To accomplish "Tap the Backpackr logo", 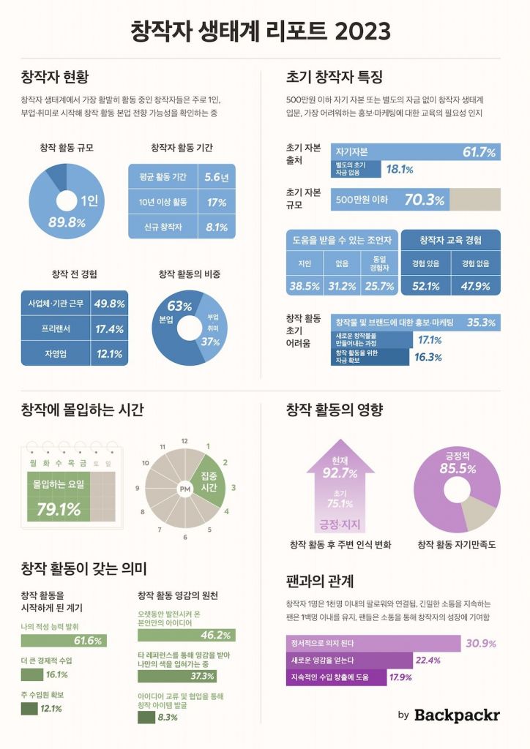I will click(x=457, y=715).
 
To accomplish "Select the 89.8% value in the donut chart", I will click(x=67, y=222).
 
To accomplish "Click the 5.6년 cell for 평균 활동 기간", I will click(x=217, y=177).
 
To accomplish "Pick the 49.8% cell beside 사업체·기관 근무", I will click(x=110, y=304).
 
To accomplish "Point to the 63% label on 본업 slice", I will click(x=179, y=306).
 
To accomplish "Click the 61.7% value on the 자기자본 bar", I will click(x=479, y=152).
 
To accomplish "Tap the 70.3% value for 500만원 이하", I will click(x=425, y=200).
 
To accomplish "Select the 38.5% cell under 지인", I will click(x=305, y=286).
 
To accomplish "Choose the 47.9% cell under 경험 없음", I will click(x=476, y=286).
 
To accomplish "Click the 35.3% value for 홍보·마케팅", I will click(x=482, y=322).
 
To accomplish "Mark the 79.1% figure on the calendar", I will click(x=59, y=509).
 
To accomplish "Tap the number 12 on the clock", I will click(x=184, y=442).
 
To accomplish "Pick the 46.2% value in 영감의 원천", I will click(x=216, y=635).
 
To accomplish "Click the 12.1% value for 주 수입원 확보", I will click(x=51, y=708).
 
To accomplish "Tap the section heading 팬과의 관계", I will click(x=320, y=581).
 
